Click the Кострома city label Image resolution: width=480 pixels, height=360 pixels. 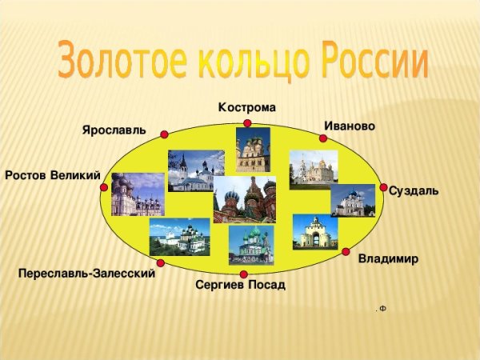click(x=247, y=108)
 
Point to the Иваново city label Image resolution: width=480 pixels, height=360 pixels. click(x=350, y=126)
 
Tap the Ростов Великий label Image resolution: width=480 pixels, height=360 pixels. click(x=52, y=175)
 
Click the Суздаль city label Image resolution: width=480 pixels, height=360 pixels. click(x=413, y=190)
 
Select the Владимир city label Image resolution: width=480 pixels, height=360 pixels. click(x=388, y=259)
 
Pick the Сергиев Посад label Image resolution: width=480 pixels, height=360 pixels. click(x=240, y=285)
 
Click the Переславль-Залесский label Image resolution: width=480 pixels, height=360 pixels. click(x=86, y=274)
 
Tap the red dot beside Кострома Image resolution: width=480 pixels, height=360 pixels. click(x=247, y=123)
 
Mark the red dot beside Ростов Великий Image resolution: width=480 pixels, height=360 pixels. click(x=104, y=187)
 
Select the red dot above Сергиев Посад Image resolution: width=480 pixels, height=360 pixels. click(x=243, y=274)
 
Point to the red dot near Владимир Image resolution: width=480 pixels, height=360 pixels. click(x=346, y=252)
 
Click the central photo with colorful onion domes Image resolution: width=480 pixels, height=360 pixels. click(x=244, y=199)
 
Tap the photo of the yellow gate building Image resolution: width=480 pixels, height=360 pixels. click(x=315, y=231)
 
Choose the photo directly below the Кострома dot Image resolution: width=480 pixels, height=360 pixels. click(x=252, y=150)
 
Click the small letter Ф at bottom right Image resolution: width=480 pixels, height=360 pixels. click(x=382, y=308)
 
